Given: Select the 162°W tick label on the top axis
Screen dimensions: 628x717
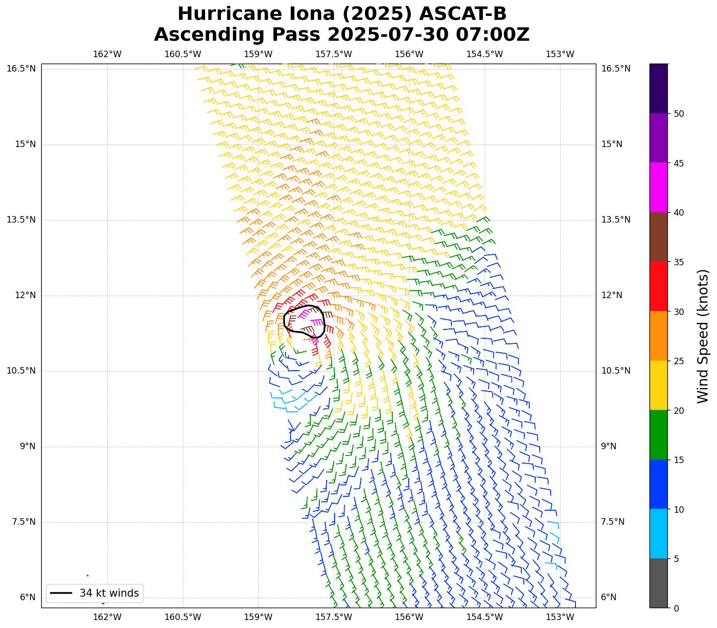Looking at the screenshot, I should click(107, 54).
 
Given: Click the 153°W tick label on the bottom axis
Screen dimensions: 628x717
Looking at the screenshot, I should click(560, 617).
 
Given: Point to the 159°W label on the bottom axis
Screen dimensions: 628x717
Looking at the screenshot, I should click(258, 617).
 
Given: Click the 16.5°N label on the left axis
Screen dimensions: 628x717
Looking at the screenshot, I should click(21, 69).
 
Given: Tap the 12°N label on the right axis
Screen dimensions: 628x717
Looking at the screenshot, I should click(612, 295).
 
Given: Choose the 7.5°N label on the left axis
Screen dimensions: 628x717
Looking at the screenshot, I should click(23, 522).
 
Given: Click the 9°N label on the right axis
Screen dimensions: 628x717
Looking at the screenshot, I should click(609, 446).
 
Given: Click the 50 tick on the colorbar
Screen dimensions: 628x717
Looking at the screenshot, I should click(679, 114).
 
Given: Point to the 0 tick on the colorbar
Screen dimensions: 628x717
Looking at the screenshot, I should click(676, 608).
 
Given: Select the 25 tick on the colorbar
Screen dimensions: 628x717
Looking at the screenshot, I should click(679, 361).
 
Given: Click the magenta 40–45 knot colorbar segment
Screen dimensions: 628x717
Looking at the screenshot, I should click(658, 187).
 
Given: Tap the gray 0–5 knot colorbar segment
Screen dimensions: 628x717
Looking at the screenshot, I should click(658, 583).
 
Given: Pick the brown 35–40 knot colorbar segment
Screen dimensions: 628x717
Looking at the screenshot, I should click(658, 237).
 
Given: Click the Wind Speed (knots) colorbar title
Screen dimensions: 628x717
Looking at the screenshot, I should click(703, 336).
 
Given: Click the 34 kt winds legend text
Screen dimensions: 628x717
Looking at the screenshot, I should click(109, 593).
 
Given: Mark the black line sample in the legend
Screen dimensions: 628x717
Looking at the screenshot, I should click(61, 593).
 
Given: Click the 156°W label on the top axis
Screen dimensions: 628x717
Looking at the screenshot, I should click(409, 54).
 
